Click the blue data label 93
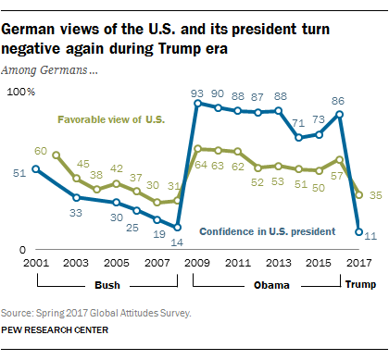tap(196, 93)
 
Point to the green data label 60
tap(41, 150)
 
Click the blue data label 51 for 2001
tap(19, 172)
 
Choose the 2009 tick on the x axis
tap(196, 263)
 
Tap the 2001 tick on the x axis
tap(34, 263)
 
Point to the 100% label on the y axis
tap(20, 93)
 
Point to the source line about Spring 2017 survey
tap(98, 314)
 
